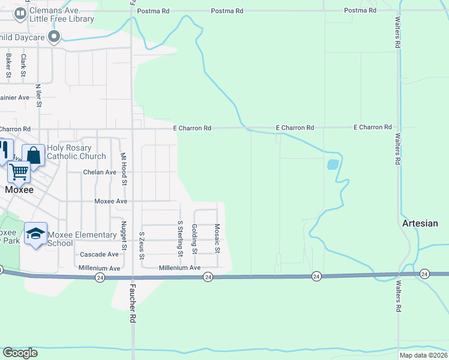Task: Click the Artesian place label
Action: pyautogui.click(x=420, y=223)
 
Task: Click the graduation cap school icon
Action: pyautogui.click(x=36, y=233)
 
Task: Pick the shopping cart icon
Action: pyautogui.click(x=19, y=172)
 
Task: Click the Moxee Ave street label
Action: pyautogui.click(x=111, y=202)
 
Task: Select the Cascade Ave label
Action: pyautogui.click(x=98, y=254)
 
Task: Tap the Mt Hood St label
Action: pyautogui.click(x=125, y=168)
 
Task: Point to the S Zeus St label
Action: pyautogui.click(x=142, y=245)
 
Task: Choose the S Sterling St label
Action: pyautogui.click(x=179, y=238)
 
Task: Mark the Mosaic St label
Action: pyautogui.click(x=217, y=239)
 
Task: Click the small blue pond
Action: pyautogui.click(x=332, y=164)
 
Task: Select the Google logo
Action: pyautogui.click(x=20, y=353)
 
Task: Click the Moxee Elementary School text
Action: pyautogui.click(x=73, y=239)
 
